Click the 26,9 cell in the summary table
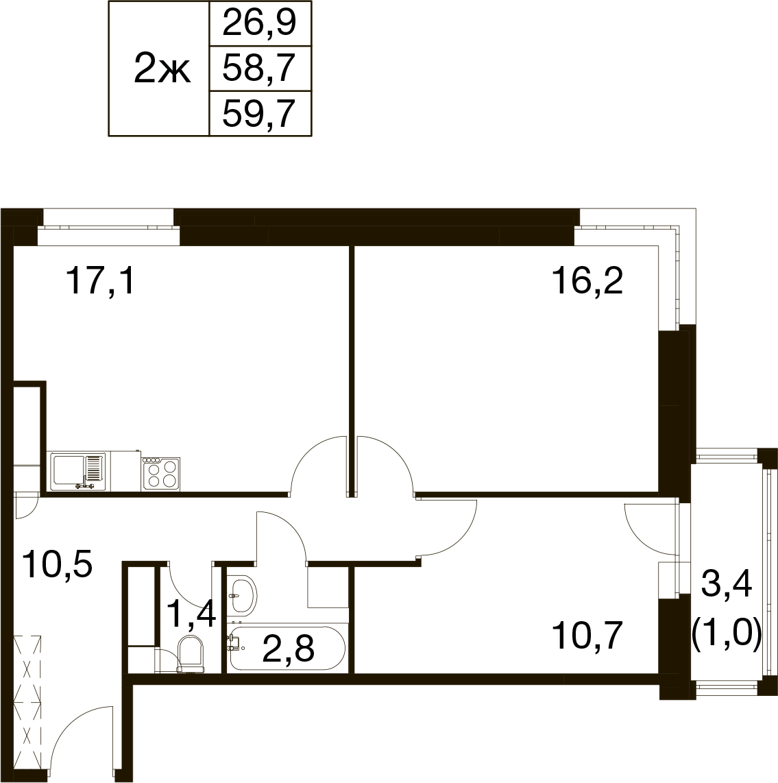click(x=260, y=23)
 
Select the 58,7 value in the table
click(x=260, y=69)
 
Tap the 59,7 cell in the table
click(x=260, y=113)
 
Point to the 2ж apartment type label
click(x=162, y=71)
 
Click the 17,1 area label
click(x=100, y=280)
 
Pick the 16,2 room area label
click(x=587, y=280)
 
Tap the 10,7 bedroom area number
click(x=587, y=635)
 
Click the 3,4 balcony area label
click(x=727, y=585)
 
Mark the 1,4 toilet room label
click(x=191, y=614)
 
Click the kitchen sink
click(x=79, y=472)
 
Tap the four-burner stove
click(x=161, y=473)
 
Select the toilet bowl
click(x=191, y=653)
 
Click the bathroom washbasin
click(x=242, y=594)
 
